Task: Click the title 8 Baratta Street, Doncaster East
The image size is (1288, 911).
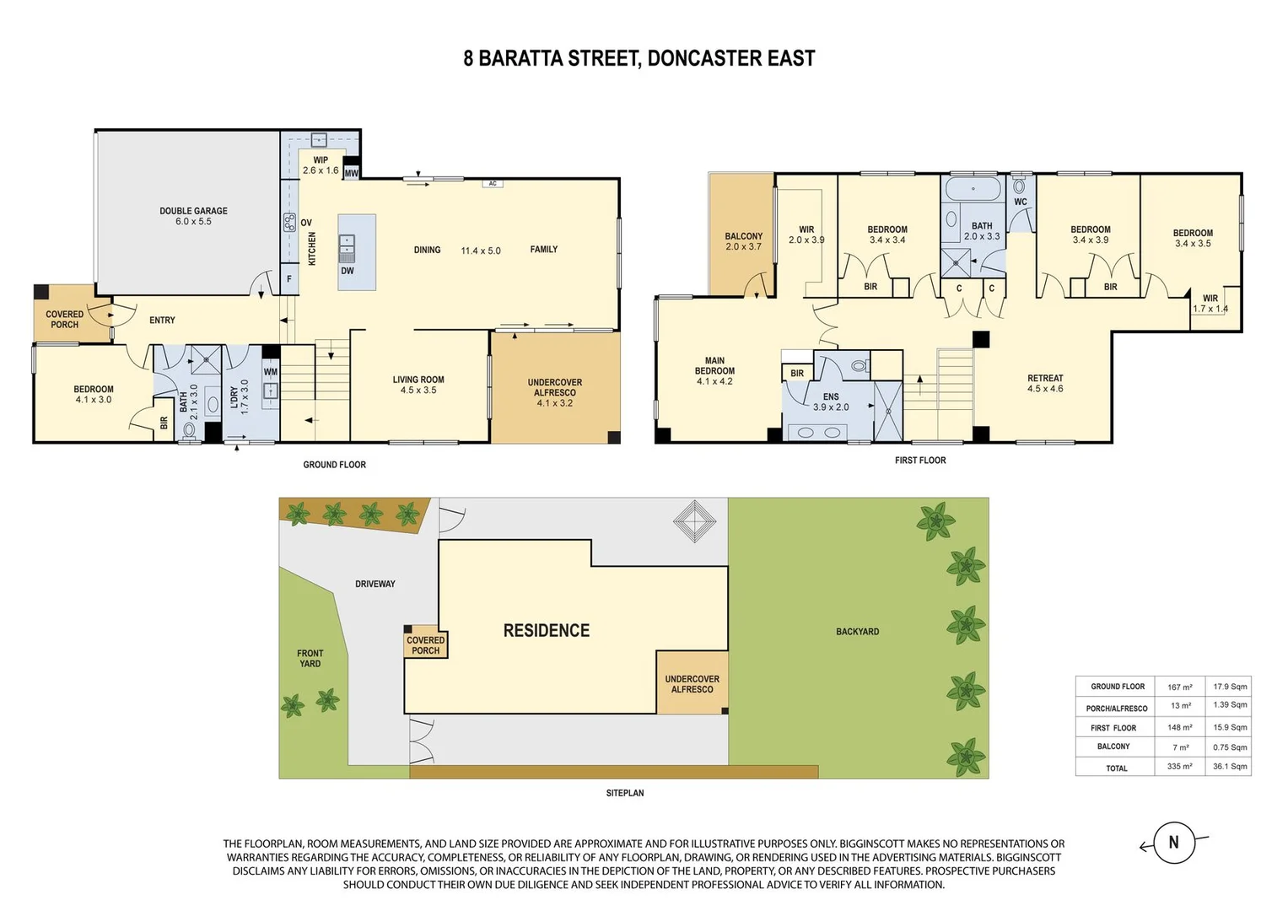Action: pos(639,58)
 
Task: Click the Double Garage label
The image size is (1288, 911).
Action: pos(193,216)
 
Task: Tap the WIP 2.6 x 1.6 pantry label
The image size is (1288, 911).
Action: pos(321,165)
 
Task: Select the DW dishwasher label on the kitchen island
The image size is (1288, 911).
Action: pos(348,271)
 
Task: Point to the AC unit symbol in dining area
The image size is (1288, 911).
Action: pos(493,183)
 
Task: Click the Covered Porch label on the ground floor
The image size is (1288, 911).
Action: pos(64,319)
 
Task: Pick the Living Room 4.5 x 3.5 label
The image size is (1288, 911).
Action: pos(418,385)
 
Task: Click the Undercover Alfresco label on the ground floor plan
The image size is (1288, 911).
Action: pos(555,392)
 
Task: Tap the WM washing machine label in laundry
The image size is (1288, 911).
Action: pos(271,372)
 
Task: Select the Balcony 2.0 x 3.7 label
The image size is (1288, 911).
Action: pos(743,241)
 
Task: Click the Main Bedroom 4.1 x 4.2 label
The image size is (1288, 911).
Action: pos(714,370)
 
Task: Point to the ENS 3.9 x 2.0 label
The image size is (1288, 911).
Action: pos(831,402)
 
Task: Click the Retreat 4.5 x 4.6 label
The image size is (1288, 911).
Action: pos(1045,383)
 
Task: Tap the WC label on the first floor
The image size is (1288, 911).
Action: pos(1021,202)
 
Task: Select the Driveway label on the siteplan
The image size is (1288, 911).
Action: pos(375,584)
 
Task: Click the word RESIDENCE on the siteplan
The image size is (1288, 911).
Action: pos(547,630)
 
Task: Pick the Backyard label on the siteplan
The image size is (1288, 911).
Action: pos(857,631)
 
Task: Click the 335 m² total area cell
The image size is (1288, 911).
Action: pos(1179,767)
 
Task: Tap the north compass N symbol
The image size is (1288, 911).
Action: pos(1173,842)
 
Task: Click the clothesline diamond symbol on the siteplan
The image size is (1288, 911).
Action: pos(694,521)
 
